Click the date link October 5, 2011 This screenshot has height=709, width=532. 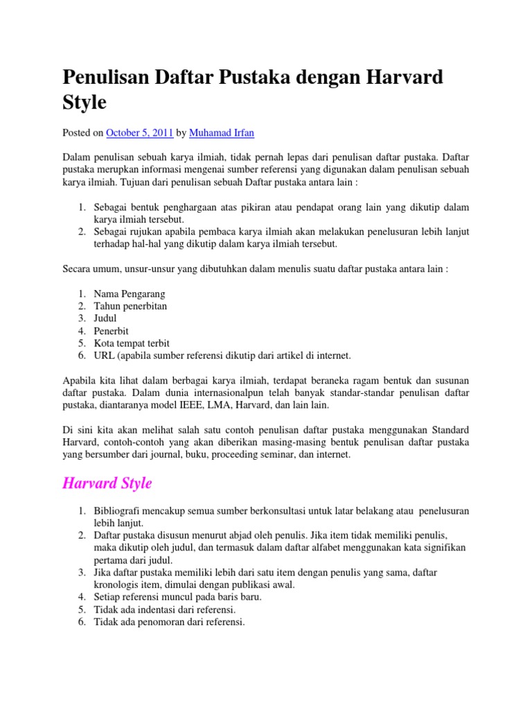(x=139, y=132)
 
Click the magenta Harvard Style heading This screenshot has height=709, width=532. (x=107, y=483)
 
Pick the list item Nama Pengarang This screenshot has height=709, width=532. (x=130, y=294)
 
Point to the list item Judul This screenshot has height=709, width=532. (x=105, y=318)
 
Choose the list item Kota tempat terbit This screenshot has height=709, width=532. (x=132, y=343)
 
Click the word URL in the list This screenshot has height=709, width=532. (x=104, y=356)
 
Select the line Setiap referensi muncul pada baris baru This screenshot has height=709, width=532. (x=177, y=597)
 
